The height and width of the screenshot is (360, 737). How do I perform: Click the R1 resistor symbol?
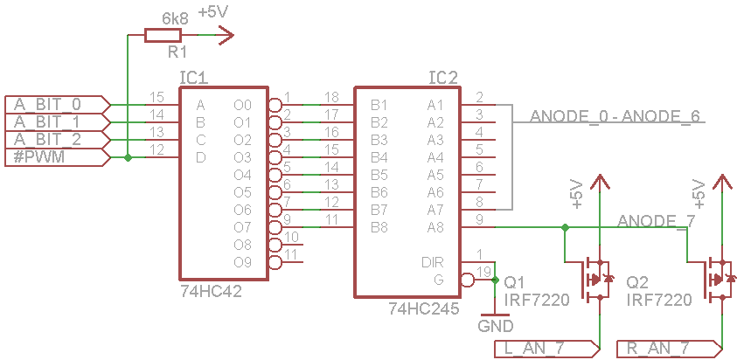click(163, 35)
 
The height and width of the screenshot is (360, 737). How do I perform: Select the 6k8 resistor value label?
click(175, 19)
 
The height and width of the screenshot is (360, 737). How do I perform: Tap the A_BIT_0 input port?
click(58, 104)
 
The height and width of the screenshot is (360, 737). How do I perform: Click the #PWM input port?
click(58, 158)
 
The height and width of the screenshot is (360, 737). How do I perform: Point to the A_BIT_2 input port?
click(58, 140)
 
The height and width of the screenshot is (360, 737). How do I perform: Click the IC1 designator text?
click(194, 78)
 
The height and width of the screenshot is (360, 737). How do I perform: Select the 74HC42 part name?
click(211, 292)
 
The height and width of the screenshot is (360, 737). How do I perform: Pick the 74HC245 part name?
click(423, 308)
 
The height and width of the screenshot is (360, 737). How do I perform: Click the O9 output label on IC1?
click(242, 263)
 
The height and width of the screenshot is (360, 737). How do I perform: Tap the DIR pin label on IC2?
click(433, 262)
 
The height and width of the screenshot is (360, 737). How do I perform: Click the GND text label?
click(496, 326)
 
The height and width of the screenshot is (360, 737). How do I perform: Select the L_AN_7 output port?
click(547, 349)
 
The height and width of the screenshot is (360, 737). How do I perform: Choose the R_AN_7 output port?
click(670, 349)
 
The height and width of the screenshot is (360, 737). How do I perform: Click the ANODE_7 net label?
click(656, 221)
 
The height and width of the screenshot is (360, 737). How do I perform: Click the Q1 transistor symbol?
click(595, 280)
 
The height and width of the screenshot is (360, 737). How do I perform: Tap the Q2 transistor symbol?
click(718, 280)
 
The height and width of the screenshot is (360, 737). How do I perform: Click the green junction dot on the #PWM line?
click(128, 158)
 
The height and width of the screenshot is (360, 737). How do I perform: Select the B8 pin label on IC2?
click(379, 227)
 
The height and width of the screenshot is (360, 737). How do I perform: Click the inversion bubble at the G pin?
click(467, 280)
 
